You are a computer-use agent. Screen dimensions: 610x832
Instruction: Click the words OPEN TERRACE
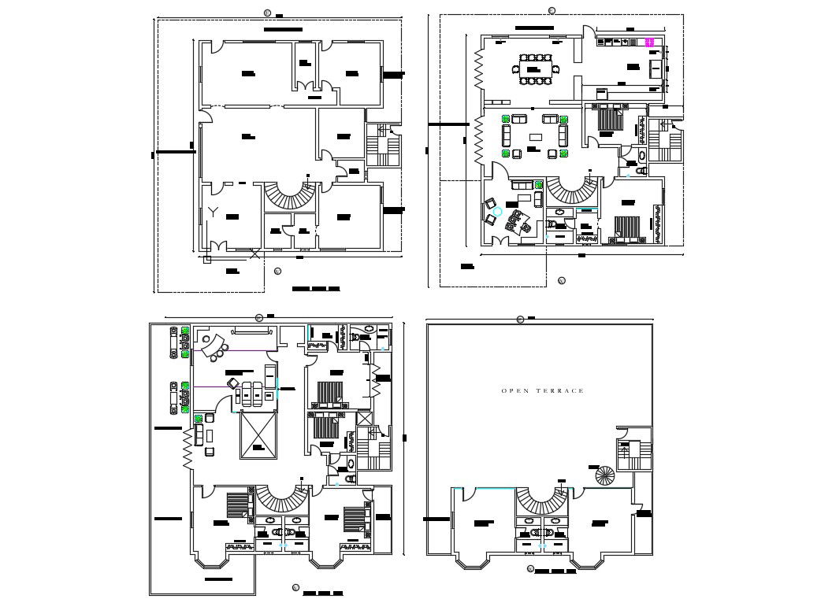[x=542, y=391]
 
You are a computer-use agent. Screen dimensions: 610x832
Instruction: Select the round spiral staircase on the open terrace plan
[x=604, y=475]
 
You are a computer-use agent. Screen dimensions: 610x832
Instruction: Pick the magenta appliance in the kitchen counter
[x=651, y=43]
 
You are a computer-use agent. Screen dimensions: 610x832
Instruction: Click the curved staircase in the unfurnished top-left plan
[x=292, y=193]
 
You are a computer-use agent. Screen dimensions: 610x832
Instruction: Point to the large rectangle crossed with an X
[x=259, y=435]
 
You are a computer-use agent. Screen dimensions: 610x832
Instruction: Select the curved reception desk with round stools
[x=210, y=343]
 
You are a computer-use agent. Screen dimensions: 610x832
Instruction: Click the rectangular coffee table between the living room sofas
[x=536, y=137]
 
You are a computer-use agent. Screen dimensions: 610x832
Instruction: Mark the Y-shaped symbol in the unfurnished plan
[x=214, y=210]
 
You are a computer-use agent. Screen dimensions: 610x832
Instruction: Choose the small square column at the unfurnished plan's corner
[x=207, y=258]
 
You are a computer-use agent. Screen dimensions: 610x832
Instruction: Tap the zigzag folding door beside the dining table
[x=477, y=69]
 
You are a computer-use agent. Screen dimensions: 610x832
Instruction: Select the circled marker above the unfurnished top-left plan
[x=267, y=13]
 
